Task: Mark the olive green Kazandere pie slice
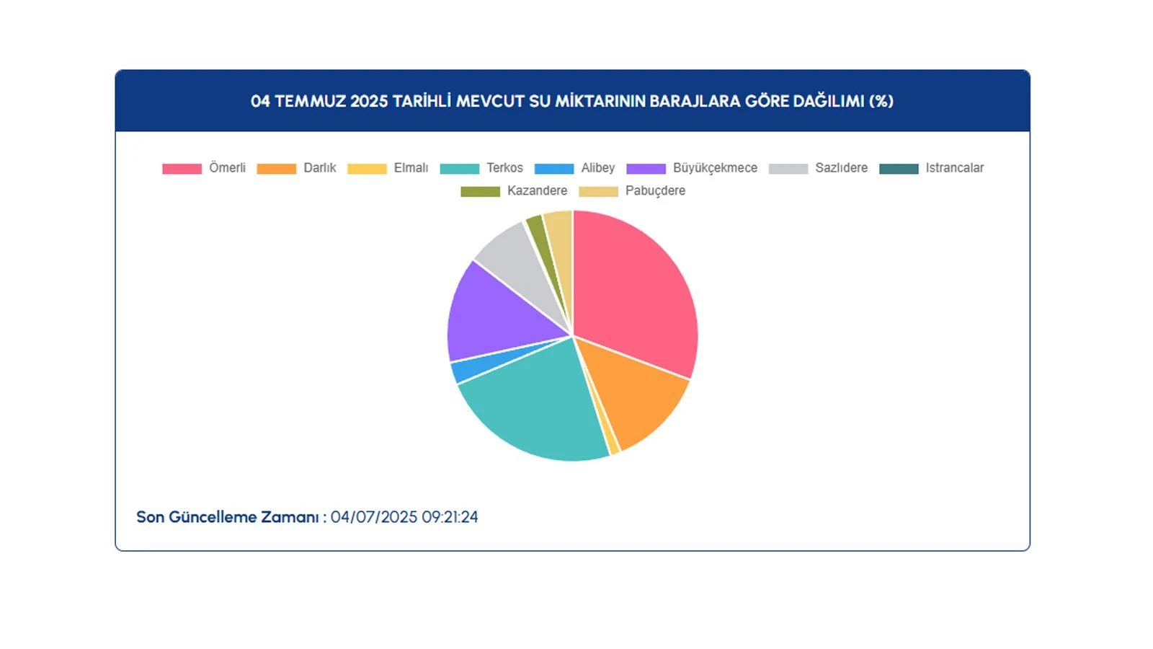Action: (x=537, y=231)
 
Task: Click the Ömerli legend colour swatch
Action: (x=182, y=169)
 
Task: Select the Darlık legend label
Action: (x=320, y=168)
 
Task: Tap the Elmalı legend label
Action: (x=411, y=168)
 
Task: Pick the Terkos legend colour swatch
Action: (x=459, y=169)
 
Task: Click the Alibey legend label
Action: (x=598, y=168)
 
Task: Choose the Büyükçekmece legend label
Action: (x=715, y=168)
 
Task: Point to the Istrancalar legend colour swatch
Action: (x=899, y=169)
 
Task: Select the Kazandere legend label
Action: (x=537, y=191)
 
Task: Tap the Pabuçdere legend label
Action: (x=655, y=191)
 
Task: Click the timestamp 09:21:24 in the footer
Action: (x=450, y=517)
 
